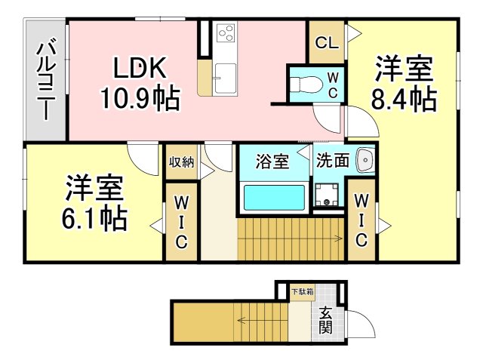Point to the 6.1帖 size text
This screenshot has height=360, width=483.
pyautogui.click(x=94, y=218)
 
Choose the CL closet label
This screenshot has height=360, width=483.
pyautogui.click(x=326, y=42)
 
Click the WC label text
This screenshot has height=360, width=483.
pyautogui.click(x=332, y=85)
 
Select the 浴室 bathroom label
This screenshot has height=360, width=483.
pyautogui.click(x=272, y=162)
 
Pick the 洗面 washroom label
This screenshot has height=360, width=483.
pyautogui.click(x=333, y=161)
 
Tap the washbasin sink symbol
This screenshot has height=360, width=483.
pyautogui.click(x=365, y=160)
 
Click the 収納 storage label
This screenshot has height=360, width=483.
pyautogui.click(x=181, y=161)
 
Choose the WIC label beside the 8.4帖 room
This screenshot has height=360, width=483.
pyautogui.click(x=361, y=221)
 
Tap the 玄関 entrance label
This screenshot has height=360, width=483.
pyautogui.click(x=325, y=319)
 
